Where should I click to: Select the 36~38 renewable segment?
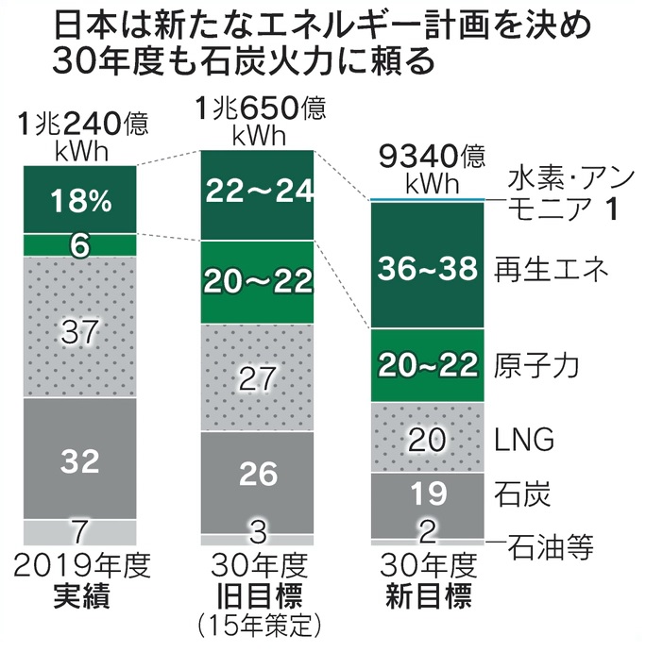point(427,267)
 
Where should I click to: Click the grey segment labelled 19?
point(427,492)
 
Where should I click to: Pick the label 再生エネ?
point(540,270)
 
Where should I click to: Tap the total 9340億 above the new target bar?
point(427,154)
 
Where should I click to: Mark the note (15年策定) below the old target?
point(256,624)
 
